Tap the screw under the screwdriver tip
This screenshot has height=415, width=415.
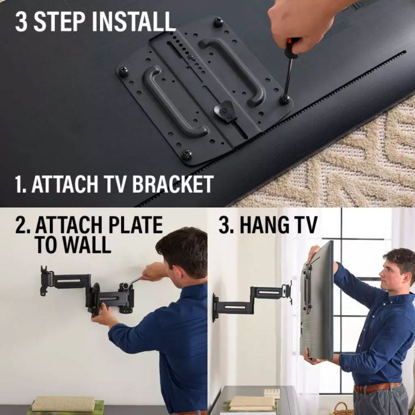click(285, 100)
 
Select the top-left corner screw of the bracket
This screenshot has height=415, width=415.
click(123, 71)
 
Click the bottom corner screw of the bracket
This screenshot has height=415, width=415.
click(187, 155)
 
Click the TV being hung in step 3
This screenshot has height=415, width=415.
click(318, 302)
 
